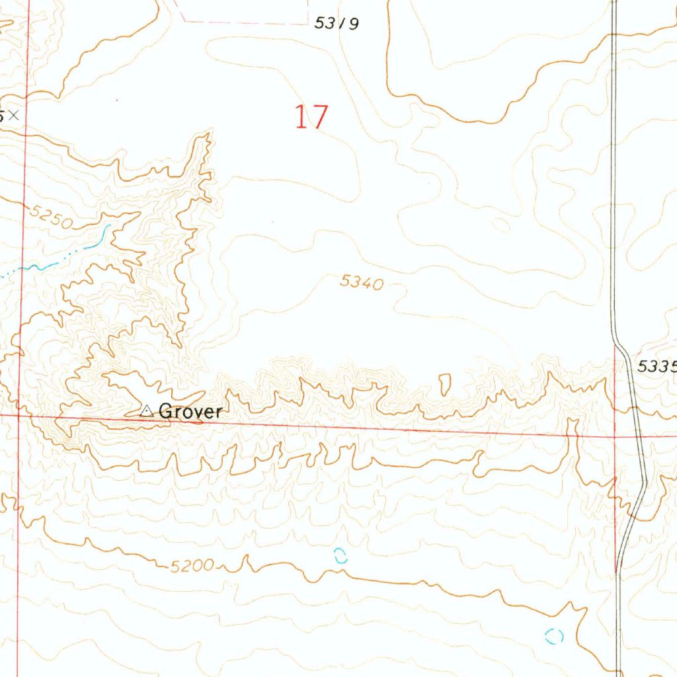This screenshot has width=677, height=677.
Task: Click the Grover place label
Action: point(190,411)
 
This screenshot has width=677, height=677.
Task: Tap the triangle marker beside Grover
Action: point(147,411)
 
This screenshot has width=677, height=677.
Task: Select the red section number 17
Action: point(311,117)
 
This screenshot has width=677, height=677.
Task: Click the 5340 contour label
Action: point(362,282)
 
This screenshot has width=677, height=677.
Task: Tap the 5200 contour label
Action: point(192,566)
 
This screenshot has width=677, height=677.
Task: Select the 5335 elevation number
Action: point(657,366)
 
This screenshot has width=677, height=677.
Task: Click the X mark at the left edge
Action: point(14,116)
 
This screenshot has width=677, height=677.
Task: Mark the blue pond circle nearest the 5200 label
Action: point(340,556)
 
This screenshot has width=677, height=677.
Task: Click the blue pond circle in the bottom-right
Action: point(554,636)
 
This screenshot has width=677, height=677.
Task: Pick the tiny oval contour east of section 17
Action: point(501,225)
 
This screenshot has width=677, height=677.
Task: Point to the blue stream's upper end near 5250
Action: point(107,227)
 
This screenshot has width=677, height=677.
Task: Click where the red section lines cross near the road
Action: point(615,436)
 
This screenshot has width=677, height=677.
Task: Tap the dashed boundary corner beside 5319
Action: point(308,24)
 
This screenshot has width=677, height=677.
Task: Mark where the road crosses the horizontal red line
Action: point(639,437)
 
